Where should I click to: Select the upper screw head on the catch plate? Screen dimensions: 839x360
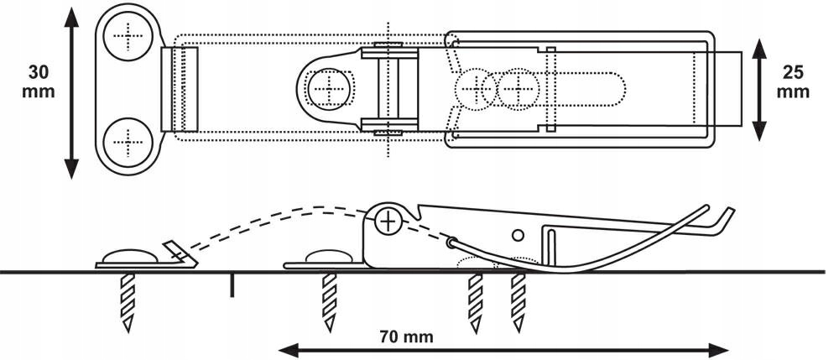(x=129, y=36)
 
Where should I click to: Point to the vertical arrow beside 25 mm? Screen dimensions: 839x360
(x=758, y=89)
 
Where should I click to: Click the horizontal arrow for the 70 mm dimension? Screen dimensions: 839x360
(x=503, y=347)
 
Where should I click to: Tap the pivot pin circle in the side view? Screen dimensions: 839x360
(x=388, y=222)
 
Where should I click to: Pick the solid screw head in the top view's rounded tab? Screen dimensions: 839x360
(x=329, y=86)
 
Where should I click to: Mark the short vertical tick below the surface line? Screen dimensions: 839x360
(x=232, y=285)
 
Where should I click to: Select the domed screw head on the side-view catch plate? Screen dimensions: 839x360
(x=130, y=253)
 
